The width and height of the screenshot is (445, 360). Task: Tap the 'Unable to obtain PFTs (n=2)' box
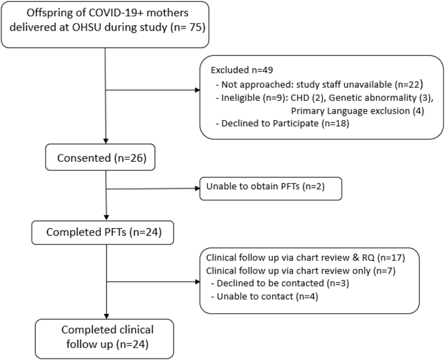click(x=270, y=187)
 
